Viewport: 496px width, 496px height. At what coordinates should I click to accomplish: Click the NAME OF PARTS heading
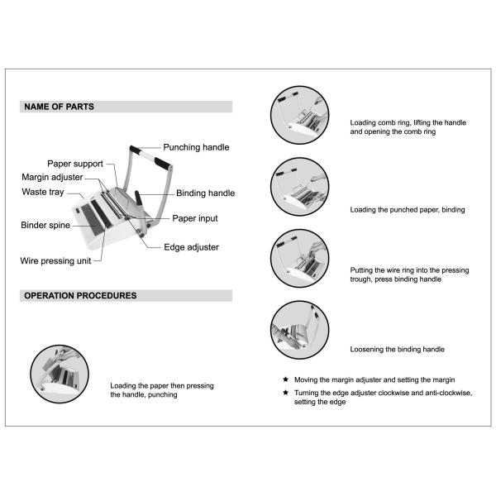click(60, 107)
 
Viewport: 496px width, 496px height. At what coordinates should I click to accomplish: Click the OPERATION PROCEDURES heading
click(80, 295)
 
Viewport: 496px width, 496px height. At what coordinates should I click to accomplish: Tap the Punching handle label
click(196, 147)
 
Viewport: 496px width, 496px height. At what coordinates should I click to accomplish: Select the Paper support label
click(75, 164)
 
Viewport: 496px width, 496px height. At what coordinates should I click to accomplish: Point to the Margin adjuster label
click(52, 177)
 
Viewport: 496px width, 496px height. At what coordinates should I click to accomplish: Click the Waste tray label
click(43, 192)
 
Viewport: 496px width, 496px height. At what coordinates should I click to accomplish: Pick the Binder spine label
click(45, 225)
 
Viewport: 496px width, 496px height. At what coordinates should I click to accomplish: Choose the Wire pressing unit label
click(55, 261)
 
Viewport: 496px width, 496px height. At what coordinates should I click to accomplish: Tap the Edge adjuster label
click(192, 247)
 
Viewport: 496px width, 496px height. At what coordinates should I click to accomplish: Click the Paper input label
click(195, 218)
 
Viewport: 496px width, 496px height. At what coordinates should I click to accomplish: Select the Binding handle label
click(205, 193)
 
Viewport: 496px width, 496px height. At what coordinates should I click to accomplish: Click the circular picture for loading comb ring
click(299, 115)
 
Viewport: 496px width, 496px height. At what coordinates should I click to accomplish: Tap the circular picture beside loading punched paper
click(299, 187)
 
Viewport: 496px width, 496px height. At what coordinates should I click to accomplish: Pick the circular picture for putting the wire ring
click(299, 259)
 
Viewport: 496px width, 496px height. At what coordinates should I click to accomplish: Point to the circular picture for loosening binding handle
click(299, 330)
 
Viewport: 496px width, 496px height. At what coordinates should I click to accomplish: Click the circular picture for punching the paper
click(60, 374)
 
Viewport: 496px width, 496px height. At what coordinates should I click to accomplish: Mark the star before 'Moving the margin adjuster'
click(286, 379)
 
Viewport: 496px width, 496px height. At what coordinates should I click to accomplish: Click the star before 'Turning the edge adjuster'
click(286, 393)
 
